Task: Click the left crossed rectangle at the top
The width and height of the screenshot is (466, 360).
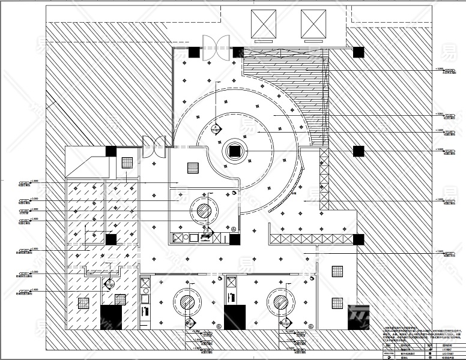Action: point(264,25)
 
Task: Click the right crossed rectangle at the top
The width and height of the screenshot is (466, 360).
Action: point(312,25)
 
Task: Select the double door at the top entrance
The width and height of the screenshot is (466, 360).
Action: point(214,47)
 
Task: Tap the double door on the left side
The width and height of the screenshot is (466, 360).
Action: point(154,146)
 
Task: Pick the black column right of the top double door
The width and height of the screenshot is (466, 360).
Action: point(238,52)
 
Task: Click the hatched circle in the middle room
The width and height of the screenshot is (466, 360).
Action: point(205,211)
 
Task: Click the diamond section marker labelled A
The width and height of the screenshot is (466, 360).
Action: point(215,127)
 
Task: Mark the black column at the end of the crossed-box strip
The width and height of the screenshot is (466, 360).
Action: point(359,239)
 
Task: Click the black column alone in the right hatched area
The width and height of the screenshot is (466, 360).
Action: point(359,151)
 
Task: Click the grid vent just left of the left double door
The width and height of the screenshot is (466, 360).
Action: point(128,162)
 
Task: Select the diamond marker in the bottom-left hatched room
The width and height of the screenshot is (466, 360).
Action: point(110,283)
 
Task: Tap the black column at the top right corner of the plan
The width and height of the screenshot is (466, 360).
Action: point(359,52)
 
